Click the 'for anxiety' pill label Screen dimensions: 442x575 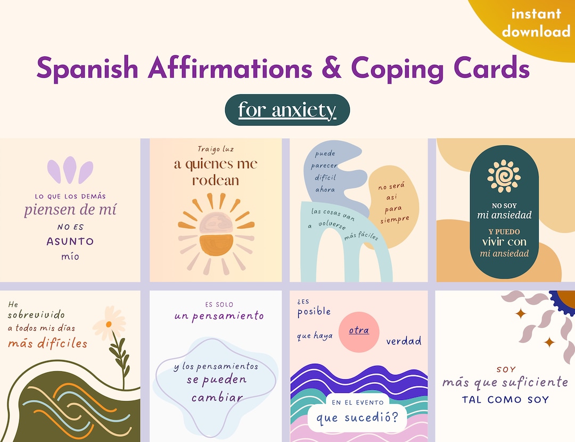pyautogui.click(x=287, y=110)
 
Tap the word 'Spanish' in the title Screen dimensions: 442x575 pyautogui.click(x=88, y=69)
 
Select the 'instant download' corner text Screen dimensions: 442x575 pyautogui.click(x=536, y=23)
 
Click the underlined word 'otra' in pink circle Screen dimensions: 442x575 pyautogui.click(x=359, y=331)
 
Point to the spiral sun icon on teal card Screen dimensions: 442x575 pyautogui.click(x=504, y=176)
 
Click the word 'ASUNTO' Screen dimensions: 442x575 pyautogui.click(x=70, y=241)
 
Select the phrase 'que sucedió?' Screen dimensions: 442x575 pyautogui.click(x=357, y=418)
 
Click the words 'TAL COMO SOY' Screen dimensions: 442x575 pyautogui.click(x=505, y=399)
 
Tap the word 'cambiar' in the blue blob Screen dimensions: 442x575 pyautogui.click(x=217, y=397)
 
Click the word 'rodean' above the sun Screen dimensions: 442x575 pyautogui.click(x=216, y=180)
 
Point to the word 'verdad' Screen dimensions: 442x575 pyautogui.click(x=404, y=341)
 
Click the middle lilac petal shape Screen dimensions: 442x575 pyautogui.click(x=70, y=170)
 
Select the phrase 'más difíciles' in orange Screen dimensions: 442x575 pyautogui.click(x=47, y=343)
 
